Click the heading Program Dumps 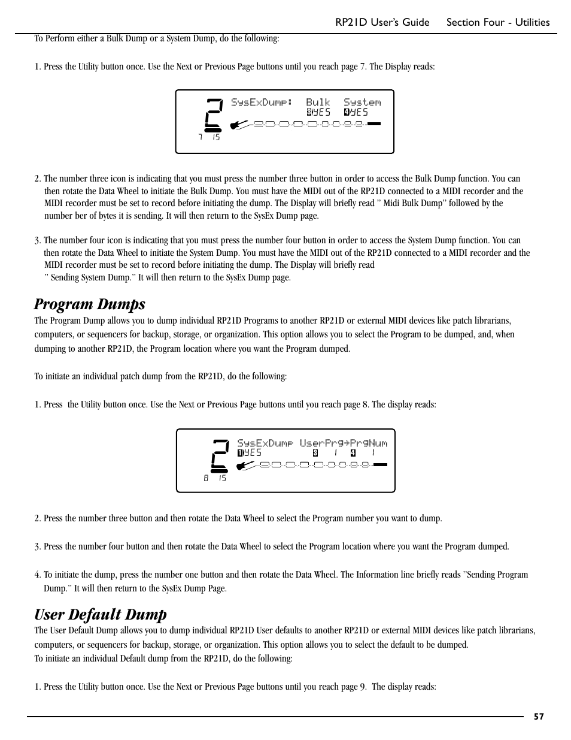pos(89,304)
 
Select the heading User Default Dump pos(100,614)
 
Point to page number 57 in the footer pos(539,716)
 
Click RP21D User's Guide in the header pos(382,22)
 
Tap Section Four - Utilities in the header pos(497,22)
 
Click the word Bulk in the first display pos(318,102)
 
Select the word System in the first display pos(362,102)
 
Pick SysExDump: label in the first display pos(261,102)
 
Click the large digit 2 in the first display pos(214,115)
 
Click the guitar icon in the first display pos(239,125)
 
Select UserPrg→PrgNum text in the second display pos(344,443)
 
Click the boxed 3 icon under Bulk pos(309,112)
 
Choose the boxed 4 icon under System pos(347,112)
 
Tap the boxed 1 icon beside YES pos(240,453)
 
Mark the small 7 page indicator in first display pos(201,138)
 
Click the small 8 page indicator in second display pos(206,478)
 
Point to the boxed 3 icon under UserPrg pos(315,453)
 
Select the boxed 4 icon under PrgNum pos(353,453)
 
